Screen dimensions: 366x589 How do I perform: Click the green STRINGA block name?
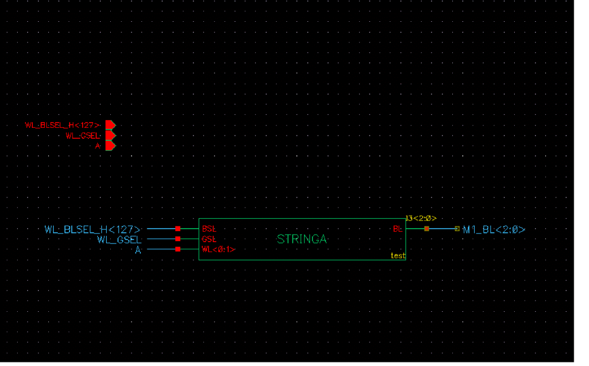pyautogui.click(x=301, y=239)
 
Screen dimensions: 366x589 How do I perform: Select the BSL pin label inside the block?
pyautogui.click(x=209, y=229)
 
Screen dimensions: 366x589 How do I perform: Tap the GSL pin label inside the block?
pyautogui.click(x=209, y=239)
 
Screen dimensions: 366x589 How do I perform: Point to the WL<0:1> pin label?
pyautogui.click(x=218, y=249)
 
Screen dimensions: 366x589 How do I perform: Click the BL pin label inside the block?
pyautogui.click(x=397, y=229)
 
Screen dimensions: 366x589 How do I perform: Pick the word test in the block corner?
pyautogui.click(x=397, y=256)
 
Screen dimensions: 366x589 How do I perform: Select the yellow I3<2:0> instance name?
pyautogui.click(x=420, y=219)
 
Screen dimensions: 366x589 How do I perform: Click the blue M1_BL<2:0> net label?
pyautogui.click(x=493, y=229)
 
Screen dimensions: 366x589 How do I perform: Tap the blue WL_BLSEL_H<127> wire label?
pyautogui.click(x=93, y=229)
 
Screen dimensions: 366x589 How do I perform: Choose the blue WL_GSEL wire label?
pyautogui.click(x=119, y=239)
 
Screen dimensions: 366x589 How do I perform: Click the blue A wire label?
pyautogui.click(x=139, y=250)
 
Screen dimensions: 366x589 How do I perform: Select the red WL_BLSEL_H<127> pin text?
pyautogui.click(x=62, y=125)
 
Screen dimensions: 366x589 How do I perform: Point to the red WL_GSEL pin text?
pyautogui.click(x=83, y=136)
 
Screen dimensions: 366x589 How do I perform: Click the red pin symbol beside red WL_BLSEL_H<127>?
pyautogui.click(x=110, y=125)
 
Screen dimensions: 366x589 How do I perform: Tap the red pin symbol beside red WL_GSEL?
pyautogui.click(x=110, y=136)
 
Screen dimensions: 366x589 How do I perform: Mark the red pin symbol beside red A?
pyautogui.click(x=110, y=146)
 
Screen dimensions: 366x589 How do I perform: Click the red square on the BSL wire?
pyautogui.click(x=177, y=229)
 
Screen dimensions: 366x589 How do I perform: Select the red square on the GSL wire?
pyautogui.click(x=177, y=239)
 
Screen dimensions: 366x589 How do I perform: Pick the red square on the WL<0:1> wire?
pyautogui.click(x=177, y=249)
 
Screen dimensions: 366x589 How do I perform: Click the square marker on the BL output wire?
pyautogui.click(x=426, y=229)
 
